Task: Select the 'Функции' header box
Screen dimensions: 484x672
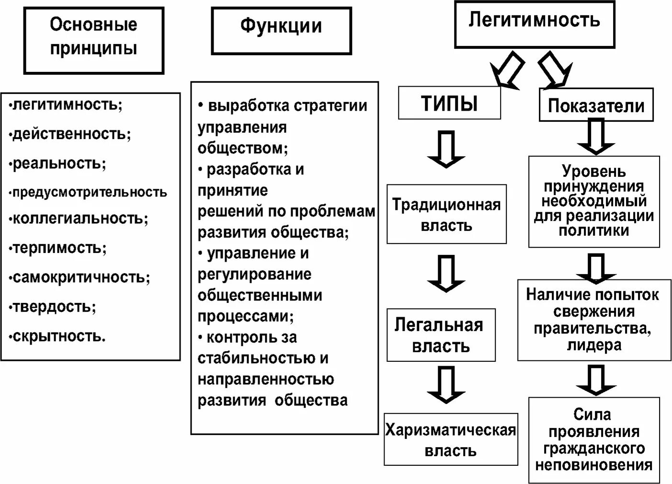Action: [281, 30]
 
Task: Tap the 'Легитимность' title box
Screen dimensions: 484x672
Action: [534, 24]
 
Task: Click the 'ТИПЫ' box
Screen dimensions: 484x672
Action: [449, 103]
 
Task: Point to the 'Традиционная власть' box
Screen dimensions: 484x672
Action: [446, 214]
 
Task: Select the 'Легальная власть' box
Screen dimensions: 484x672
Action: [441, 335]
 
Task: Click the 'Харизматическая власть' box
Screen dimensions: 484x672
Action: [451, 439]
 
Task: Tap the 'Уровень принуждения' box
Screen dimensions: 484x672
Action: [594, 201]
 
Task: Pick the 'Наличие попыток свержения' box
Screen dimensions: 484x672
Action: [594, 320]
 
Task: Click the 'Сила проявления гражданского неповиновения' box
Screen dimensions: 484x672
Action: [594, 440]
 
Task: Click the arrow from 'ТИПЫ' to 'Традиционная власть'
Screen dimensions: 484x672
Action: [446, 150]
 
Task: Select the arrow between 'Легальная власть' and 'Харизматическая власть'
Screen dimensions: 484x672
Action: [446, 385]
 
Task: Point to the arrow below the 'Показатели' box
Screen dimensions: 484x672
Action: [595, 137]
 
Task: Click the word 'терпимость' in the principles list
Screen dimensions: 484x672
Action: [59, 248]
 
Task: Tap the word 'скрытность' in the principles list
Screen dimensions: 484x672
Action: [58, 336]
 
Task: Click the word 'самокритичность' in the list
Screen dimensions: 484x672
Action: [80, 277]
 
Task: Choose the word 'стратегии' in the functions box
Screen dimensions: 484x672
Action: [330, 106]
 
